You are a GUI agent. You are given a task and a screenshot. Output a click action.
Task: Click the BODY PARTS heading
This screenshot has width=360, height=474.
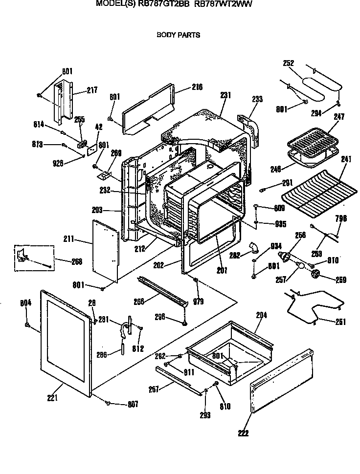pyautogui.click(x=178, y=35)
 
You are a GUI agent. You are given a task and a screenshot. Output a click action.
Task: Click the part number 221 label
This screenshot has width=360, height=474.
pyautogui.click(x=53, y=398)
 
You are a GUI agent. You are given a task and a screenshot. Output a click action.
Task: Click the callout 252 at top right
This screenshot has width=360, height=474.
pyautogui.click(x=289, y=63)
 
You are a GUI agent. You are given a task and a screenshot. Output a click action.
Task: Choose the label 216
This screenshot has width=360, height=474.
pyautogui.click(x=197, y=87)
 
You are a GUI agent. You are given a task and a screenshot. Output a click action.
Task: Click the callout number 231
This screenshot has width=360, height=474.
pyautogui.click(x=225, y=95)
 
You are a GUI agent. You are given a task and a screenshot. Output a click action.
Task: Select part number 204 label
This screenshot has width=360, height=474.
pyautogui.click(x=261, y=316)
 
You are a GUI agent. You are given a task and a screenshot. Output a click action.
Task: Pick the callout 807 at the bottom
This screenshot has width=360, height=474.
pyautogui.click(x=133, y=404)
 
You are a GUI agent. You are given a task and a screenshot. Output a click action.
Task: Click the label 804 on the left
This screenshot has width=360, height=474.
pyautogui.click(x=25, y=303)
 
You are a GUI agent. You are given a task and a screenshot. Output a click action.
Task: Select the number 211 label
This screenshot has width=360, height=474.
pyautogui.click(x=69, y=239)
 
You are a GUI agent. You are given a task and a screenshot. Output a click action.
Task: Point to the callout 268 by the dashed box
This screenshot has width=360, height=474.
pyautogui.click(x=76, y=261)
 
